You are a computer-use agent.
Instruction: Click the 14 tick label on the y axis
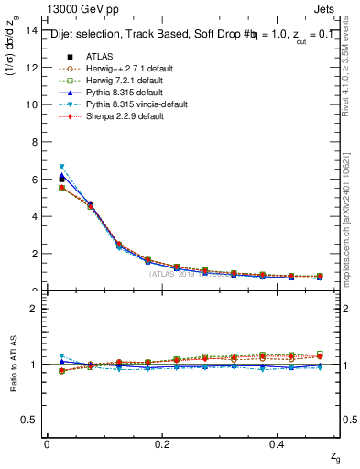click(32, 30)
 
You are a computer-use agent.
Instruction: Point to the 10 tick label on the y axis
click(32, 104)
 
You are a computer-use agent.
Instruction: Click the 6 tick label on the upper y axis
click(35, 180)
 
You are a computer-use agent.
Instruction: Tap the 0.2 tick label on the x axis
click(162, 443)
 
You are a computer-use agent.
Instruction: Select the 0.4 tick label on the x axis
click(278, 443)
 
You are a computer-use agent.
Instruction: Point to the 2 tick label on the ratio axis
click(35, 309)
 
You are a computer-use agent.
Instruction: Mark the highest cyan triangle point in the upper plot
click(61, 167)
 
